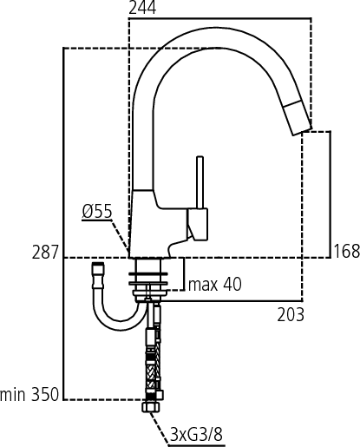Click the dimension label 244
tap(144, 9)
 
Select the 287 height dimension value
tap(45, 253)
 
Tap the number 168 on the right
tap(346, 253)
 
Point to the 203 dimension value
tap(291, 315)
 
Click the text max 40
tap(215, 284)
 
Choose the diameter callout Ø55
tap(97, 211)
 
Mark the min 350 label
tap(30, 395)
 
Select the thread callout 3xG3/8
tap(197, 433)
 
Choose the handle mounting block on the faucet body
tap(199, 226)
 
